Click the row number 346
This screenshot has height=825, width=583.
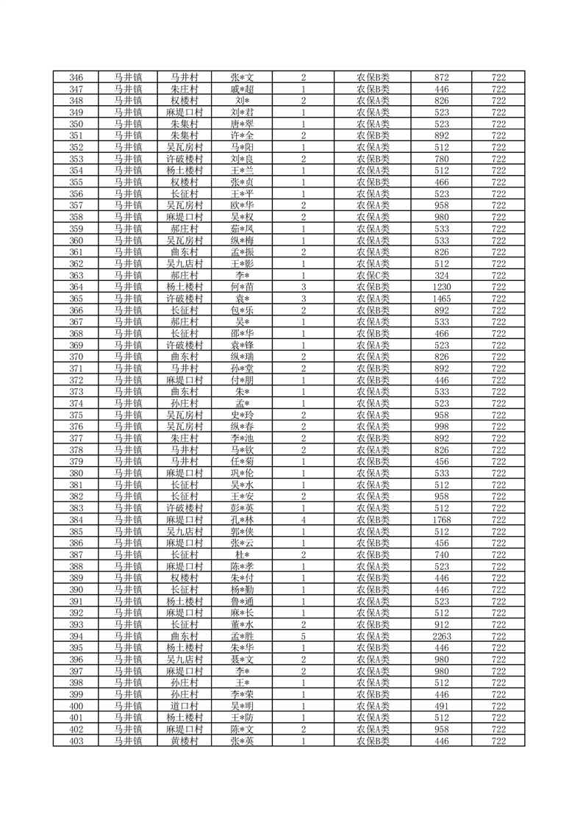pos(76,77)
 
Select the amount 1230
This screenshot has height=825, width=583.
pos(442,287)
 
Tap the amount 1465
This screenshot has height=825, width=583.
pos(442,299)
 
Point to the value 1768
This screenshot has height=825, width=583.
pos(442,520)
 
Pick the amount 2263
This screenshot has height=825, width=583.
pos(442,637)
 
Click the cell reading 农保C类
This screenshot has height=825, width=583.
pos(373,275)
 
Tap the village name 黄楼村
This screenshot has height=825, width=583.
pos(184,741)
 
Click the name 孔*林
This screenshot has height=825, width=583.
pos(242,520)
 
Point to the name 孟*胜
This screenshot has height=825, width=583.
pos(242,637)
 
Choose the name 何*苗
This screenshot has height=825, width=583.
pos(242,287)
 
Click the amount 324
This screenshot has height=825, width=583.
pos(442,275)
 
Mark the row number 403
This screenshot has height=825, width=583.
pos(76,741)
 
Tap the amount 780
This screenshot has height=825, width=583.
pos(442,159)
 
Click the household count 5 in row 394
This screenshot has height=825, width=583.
pos(303,637)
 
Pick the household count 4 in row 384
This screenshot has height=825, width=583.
pos(303,520)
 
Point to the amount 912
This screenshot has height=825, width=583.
pos(442,625)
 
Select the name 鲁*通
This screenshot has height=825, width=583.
pos(242,601)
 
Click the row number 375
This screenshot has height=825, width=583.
pos(76,415)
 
